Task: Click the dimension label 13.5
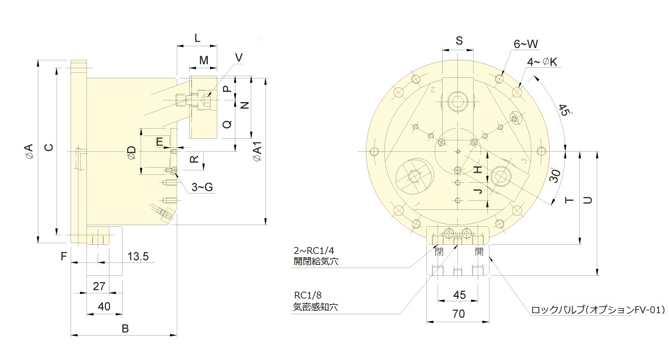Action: coord(138,257)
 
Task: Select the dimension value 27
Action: coord(99,286)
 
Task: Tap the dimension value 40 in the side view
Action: coord(104,306)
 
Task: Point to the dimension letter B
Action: coord(125,328)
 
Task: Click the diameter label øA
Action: coord(28,151)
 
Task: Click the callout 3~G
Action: coord(202,187)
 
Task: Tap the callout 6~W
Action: coord(525,43)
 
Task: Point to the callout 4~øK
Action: coord(543,62)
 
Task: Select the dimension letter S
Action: coord(459,40)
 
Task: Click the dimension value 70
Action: coord(458,315)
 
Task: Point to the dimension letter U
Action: coord(588,200)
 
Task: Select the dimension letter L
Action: coord(197,38)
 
